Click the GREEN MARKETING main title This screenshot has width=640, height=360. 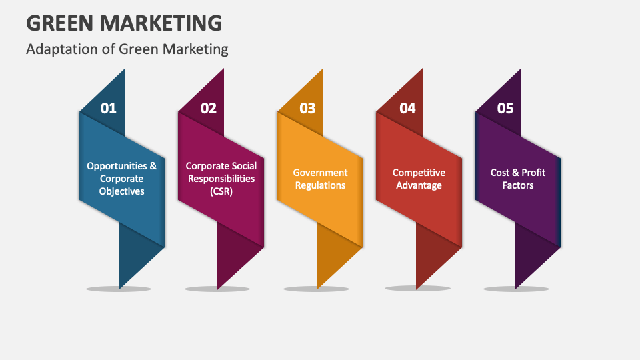point(124,23)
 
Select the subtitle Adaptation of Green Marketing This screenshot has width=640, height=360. point(127,49)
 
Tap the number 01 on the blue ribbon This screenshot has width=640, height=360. point(108,108)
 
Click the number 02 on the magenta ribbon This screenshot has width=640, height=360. point(209,108)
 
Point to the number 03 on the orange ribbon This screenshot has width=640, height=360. point(307,108)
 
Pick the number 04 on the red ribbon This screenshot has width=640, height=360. point(407,108)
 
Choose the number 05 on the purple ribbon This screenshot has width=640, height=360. point(505,108)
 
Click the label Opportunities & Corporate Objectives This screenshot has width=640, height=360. point(122,179)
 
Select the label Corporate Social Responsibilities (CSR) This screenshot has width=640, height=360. point(221,179)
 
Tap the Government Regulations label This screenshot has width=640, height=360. point(320,179)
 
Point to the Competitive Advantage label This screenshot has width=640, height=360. point(419,179)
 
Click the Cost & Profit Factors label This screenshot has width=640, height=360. point(518,179)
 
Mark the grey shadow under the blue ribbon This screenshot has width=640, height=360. point(119,289)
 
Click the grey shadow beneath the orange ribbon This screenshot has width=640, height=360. point(316,289)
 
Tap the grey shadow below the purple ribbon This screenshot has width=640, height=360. point(515,289)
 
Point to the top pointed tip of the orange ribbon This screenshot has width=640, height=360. point(323,71)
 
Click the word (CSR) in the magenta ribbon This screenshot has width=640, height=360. point(221,191)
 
